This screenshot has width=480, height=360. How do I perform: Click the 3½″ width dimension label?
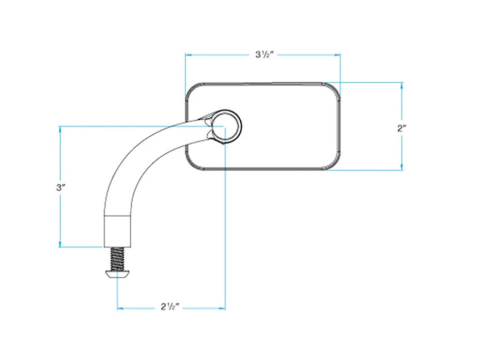[264, 55]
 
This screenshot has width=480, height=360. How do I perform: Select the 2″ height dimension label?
[402, 128]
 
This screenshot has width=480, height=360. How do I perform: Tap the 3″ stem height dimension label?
[61, 187]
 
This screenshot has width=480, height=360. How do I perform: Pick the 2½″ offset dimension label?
[170, 307]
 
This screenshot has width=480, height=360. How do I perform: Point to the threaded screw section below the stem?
[117, 259]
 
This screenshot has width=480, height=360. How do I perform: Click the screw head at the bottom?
[118, 274]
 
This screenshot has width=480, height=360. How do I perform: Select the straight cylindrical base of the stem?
[118, 231]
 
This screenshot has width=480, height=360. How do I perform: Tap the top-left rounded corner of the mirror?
[192, 89]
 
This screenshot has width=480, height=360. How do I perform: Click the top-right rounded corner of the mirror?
[333, 89]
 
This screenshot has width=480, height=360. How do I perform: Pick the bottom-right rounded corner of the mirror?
[333, 163]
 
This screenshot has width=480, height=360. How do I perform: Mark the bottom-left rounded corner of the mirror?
[192, 163]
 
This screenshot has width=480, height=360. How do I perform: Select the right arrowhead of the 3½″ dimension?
[337, 55]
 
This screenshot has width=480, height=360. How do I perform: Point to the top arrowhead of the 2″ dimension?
[402, 86]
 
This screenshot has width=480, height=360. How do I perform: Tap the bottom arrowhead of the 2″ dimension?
[402, 167]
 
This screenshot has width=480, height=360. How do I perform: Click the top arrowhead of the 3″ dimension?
[60, 130]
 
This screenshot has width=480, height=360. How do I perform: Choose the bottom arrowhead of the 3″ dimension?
[60, 243]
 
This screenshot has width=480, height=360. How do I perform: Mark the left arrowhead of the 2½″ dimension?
[120, 308]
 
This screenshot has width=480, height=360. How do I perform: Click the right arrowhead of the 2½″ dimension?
[222, 308]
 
